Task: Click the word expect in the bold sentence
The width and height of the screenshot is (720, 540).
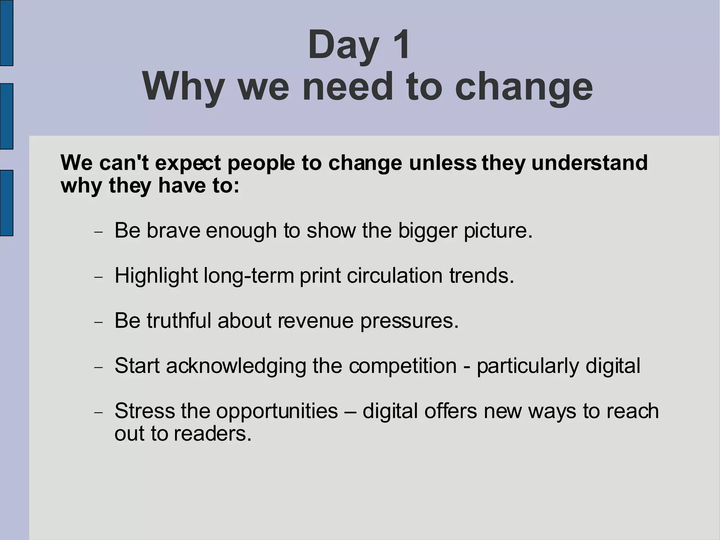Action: click(188, 163)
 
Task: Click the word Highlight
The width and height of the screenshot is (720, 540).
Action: click(156, 276)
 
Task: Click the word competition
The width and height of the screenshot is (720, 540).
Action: click(403, 366)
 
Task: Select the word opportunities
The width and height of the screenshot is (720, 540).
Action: click(277, 411)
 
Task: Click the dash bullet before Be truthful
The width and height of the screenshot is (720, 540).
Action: click(99, 322)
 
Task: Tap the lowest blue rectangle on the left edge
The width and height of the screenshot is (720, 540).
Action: click(6, 203)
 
